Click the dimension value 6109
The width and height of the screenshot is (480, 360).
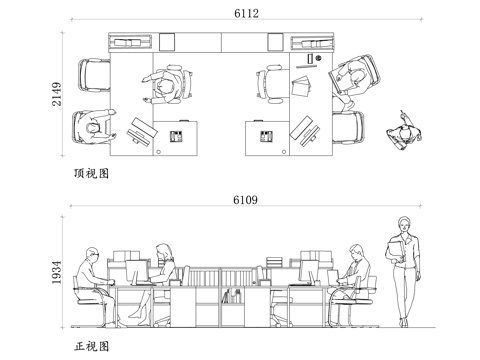[x=245, y=200]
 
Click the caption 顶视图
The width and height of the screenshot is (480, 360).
[x=90, y=173]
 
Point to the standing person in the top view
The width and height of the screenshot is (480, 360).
[x=405, y=132]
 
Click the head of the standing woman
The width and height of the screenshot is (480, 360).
[x=403, y=223]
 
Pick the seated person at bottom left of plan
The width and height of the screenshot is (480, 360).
[x=92, y=127]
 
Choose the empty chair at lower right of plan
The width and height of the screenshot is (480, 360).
[x=351, y=127]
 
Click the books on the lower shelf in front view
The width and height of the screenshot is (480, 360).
[x=231, y=296]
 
